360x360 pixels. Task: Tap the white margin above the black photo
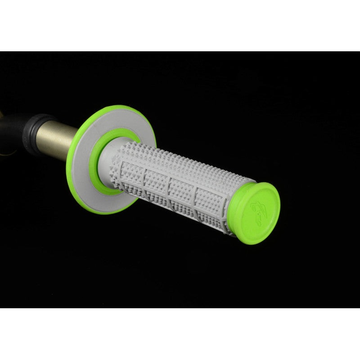pos(180,25)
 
